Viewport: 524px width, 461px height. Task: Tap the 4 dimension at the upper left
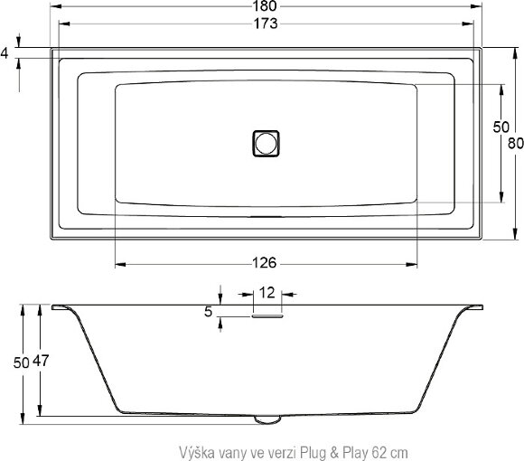[x=5, y=53]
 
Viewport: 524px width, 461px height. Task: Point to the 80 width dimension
[x=516, y=142]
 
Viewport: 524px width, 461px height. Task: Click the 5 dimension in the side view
[x=209, y=312]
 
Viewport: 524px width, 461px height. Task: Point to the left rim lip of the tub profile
[x=63, y=309]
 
